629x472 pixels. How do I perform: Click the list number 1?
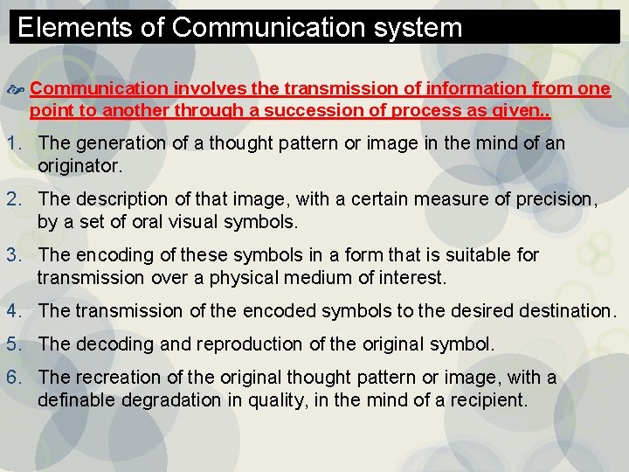(x=12, y=142)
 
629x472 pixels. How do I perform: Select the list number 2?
(x=12, y=199)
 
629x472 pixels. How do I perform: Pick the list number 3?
(x=12, y=255)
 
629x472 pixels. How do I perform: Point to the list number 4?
(x=12, y=311)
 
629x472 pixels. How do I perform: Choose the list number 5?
(x=12, y=344)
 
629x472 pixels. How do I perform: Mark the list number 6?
(x=12, y=378)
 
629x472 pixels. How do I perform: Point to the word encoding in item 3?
(x=107, y=255)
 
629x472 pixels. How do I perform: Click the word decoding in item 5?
(x=107, y=344)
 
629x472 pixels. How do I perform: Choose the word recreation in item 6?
(x=112, y=378)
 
